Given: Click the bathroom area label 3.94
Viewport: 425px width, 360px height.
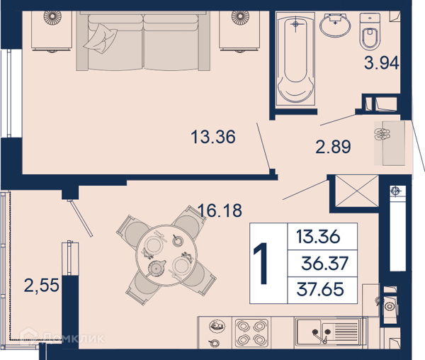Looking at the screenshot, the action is (x=381, y=63).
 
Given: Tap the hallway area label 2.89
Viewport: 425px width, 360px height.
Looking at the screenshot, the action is (x=333, y=147).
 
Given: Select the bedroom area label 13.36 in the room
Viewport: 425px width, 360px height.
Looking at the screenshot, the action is (x=213, y=137).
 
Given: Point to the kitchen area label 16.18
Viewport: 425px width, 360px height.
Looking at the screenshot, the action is (x=220, y=210).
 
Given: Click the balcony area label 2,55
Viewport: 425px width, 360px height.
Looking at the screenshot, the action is (x=42, y=285).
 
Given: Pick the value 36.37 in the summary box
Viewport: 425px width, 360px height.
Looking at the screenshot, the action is (x=324, y=263).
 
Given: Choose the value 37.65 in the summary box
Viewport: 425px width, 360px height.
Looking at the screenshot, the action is (x=320, y=289).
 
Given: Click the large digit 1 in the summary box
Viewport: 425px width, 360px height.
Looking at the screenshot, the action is (x=261, y=263).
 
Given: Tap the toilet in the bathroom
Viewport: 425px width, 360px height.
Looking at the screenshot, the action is (x=370, y=31).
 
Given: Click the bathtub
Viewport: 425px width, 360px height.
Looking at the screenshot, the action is (x=295, y=58).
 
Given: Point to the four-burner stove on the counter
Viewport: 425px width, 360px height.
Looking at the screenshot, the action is (x=251, y=333).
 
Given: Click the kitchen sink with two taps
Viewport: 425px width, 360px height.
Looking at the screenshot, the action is (x=331, y=332).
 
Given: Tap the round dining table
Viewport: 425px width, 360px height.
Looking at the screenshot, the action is (x=166, y=255).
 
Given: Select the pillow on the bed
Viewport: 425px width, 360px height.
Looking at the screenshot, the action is (x=101, y=38).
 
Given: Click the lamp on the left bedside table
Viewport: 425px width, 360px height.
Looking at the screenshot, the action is (x=52, y=18).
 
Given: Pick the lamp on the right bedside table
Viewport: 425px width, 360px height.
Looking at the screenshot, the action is (x=240, y=18).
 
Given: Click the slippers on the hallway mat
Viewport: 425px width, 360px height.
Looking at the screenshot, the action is (x=382, y=134).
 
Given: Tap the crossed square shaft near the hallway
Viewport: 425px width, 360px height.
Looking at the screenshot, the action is (x=357, y=191).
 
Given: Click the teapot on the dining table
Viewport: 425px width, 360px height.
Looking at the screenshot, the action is (x=157, y=268).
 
